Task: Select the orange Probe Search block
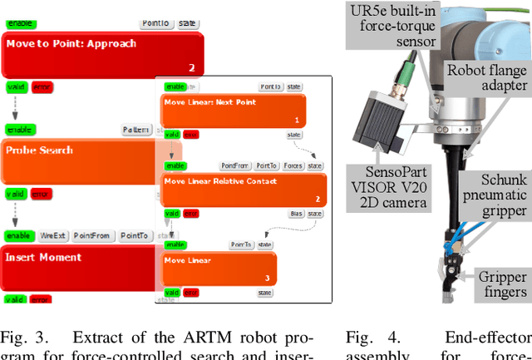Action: tap(79, 161)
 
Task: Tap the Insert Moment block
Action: tap(79, 267)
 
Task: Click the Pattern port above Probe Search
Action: tap(136, 130)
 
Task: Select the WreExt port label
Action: tap(52, 236)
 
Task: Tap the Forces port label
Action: tap(293, 165)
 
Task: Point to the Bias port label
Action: tap(296, 214)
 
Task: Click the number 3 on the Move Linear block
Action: tap(267, 278)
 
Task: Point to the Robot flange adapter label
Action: tap(487, 77)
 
